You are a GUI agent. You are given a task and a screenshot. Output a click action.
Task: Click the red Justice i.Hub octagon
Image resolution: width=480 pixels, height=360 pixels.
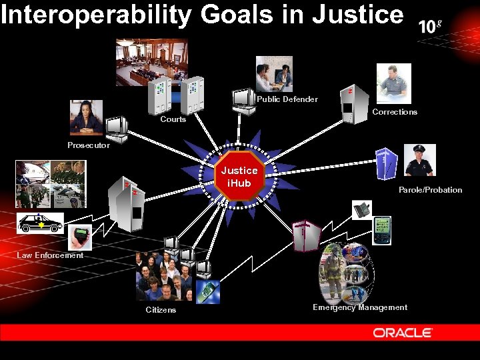point(239,177)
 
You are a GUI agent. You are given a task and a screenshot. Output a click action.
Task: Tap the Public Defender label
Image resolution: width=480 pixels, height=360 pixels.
point(287,99)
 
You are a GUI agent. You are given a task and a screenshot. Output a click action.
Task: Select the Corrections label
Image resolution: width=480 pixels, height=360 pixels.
point(395,112)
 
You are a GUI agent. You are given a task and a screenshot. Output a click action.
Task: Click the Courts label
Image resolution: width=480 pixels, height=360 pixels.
point(173,119)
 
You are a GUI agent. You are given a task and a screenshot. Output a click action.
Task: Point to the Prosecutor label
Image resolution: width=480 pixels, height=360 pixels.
point(89,145)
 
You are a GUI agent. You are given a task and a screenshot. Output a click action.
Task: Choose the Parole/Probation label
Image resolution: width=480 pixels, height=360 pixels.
point(430,190)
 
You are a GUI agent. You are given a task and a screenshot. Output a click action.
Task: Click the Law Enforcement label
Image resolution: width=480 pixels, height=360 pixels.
point(50,255)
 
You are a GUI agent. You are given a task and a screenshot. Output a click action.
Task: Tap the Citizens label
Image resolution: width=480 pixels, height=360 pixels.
point(161,310)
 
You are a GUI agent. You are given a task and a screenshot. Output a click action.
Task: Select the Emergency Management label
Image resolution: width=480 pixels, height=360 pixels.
point(360,307)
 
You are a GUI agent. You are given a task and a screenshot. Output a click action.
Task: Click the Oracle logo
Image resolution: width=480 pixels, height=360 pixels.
point(403,332)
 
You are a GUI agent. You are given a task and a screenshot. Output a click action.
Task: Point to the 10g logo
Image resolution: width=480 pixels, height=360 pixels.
point(430,26)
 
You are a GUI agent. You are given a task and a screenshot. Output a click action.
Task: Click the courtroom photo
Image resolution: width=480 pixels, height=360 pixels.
point(152,62)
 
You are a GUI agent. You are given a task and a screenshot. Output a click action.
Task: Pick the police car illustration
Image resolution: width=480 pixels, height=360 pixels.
point(41,223)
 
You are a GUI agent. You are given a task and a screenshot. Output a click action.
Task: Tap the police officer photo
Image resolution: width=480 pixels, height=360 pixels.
point(419,160)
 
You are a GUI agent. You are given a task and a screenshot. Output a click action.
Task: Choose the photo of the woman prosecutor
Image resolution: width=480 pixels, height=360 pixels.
point(86,117)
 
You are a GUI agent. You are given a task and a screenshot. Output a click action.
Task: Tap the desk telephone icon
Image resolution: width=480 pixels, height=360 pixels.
point(362,209)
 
